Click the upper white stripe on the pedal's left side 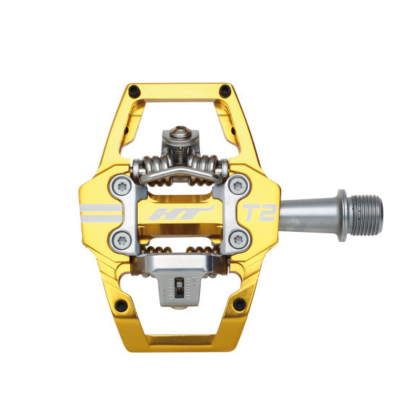pyautogui.click(x=101, y=207)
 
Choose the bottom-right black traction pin pyautogui.click(x=238, y=304)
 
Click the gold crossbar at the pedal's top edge pyautogui.click(x=178, y=90)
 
